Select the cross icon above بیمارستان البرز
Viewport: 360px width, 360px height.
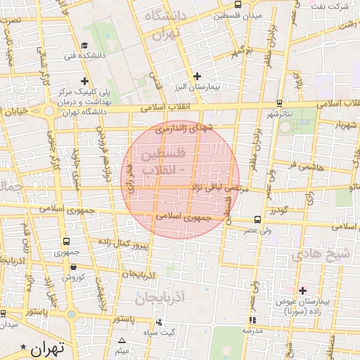[197, 76]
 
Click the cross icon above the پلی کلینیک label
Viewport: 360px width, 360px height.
[84, 81]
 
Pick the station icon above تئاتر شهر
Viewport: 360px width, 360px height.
[280, 103]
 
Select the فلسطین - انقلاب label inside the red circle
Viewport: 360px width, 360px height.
[163, 161]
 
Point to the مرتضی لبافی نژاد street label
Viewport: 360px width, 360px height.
[216, 188]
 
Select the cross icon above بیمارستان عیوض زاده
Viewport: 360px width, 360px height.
[303, 290]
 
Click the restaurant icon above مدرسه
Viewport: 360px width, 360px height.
[252, 320]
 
